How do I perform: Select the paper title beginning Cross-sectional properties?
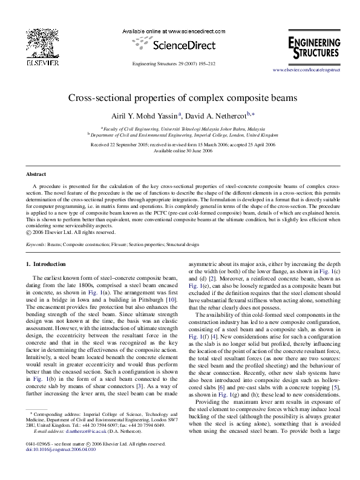click(180, 98)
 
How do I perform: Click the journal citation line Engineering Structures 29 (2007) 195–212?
click(179, 63)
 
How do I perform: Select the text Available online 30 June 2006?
click(180, 151)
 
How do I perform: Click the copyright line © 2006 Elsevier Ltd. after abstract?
click(70, 232)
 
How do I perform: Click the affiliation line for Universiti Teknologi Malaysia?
click(180, 129)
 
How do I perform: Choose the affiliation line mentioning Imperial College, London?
click(180, 137)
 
